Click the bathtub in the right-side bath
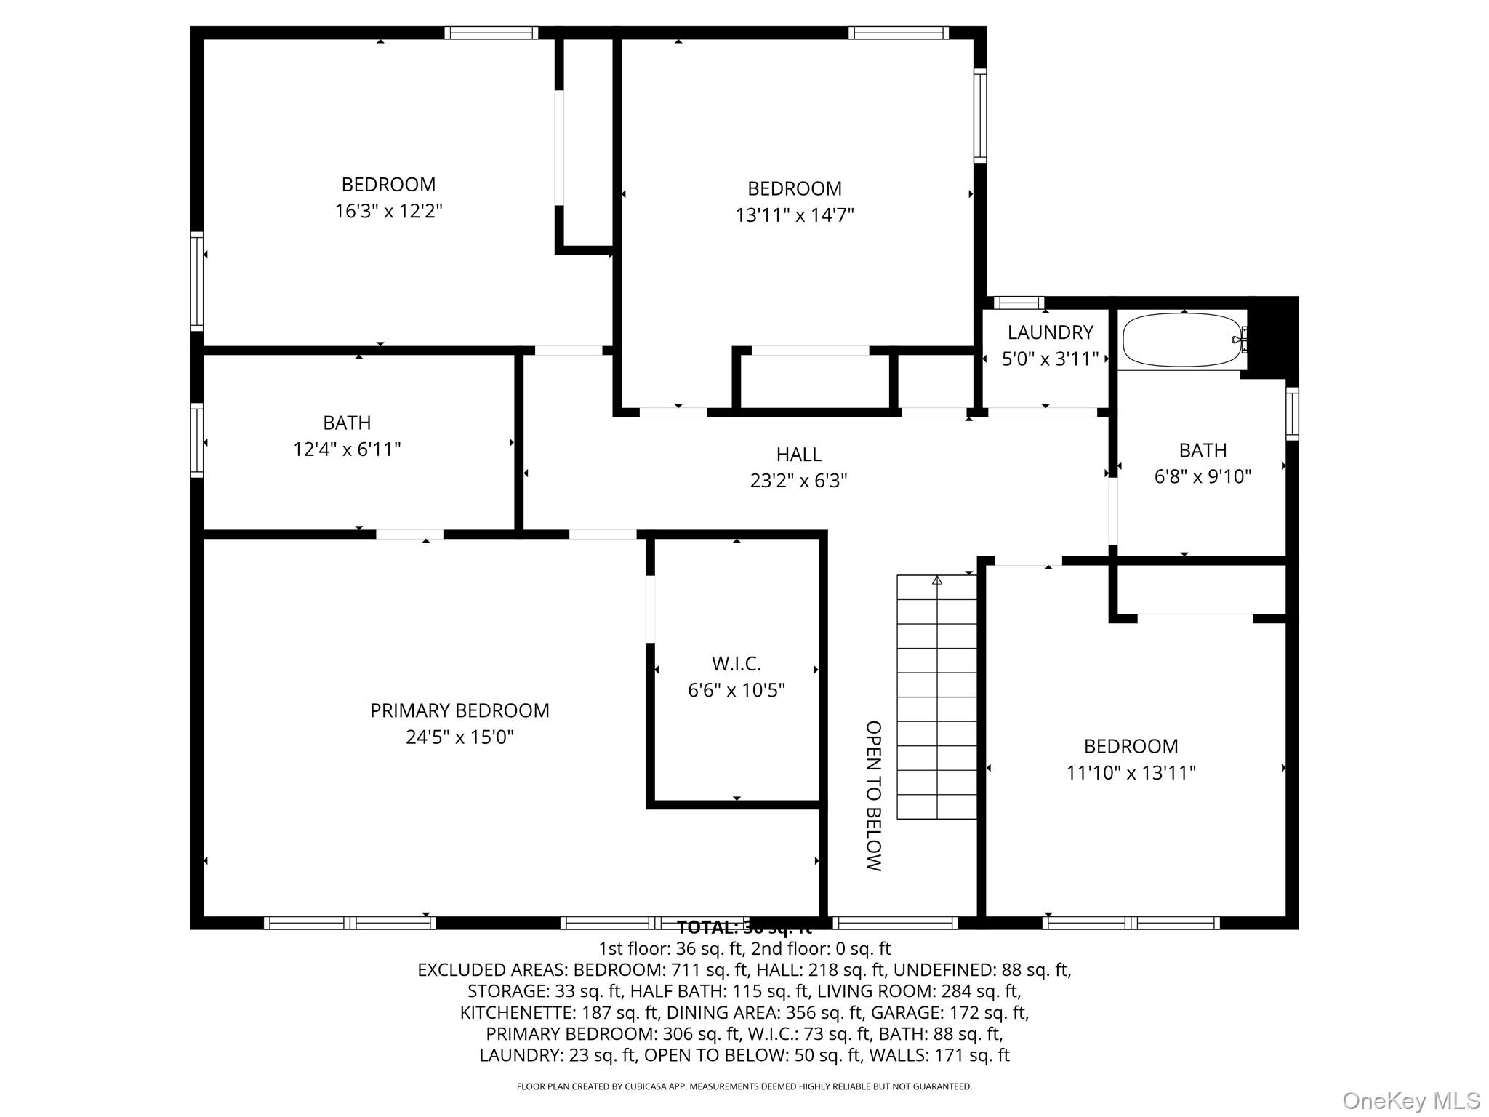pyautogui.click(x=1182, y=340)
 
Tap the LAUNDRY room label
pyautogui.click(x=1050, y=332)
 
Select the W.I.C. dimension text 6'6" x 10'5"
pyautogui.click(x=737, y=690)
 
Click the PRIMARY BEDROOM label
pyautogui.click(x=459, y=710)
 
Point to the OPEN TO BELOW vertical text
pyautogui.click(x=873, y=796)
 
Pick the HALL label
pyautogui.click(x=798, y=455)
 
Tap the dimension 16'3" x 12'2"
pyautogui.click(x=388, y=212)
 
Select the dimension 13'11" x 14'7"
pyautogui.click(x=794, y=215)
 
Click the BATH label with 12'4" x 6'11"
pyautogui.click(x=347, y=423)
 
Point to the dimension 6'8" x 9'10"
pyautogui.click(x=1203, y=476)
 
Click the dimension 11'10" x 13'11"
pyautogui.click(x=1131, y=773)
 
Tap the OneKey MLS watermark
pyautogui.click(x=1410, y=1101)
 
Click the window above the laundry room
pyautogui.click(x=1018, y=303)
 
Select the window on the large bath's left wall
pyautogui.click(x=197, y=440)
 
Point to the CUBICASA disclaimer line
pyautogui.click(x=744, y=1086)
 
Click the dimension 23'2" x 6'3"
pyautogui.click(x=798, y=481)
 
